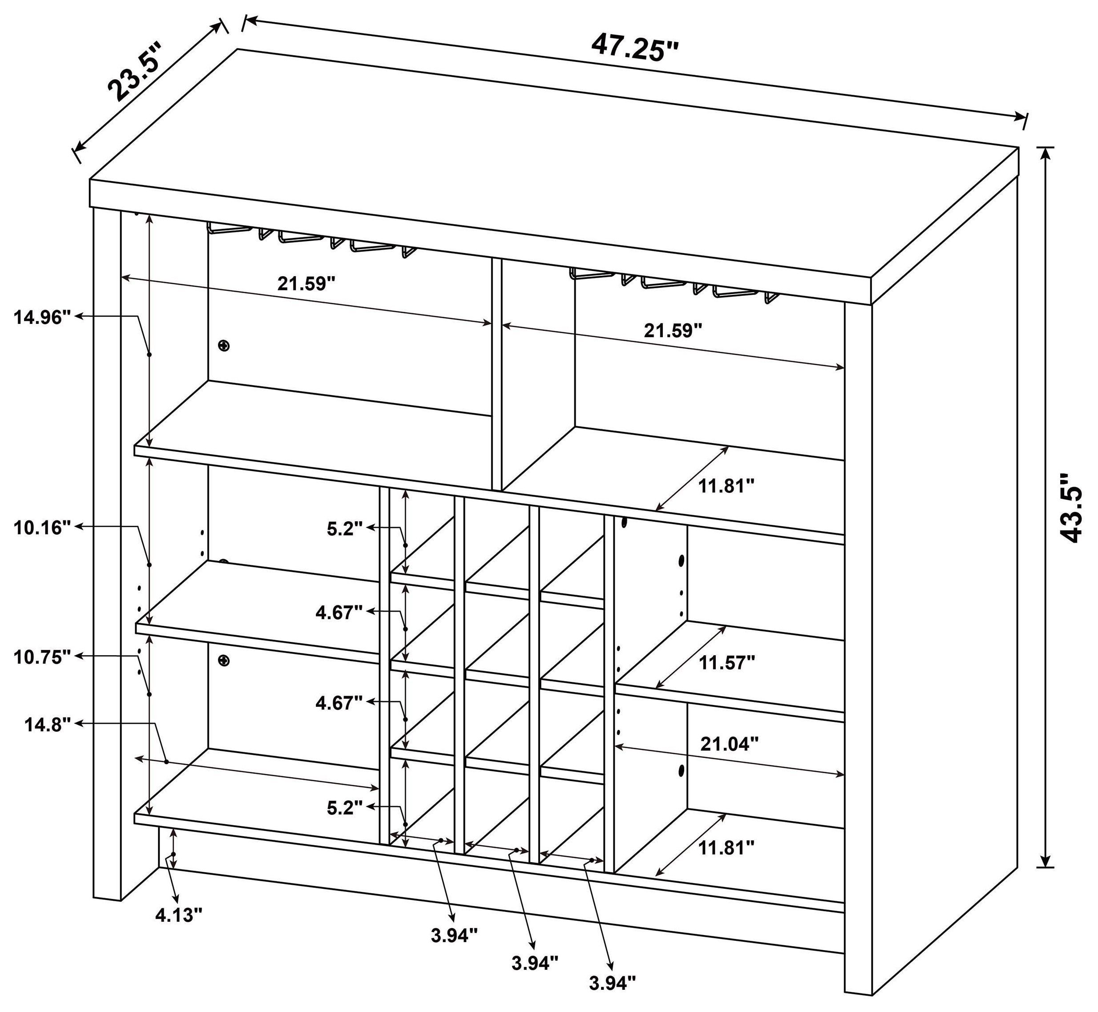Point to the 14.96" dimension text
pyautogui.click(x=43, y=317)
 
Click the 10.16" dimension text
pyautogui.click(x=43, y=528)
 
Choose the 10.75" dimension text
pyautogui.click(x=43, y=657)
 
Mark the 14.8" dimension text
pyautogui.click(x=48, y=725)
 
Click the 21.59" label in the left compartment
pyautogui.click(x=306, y=284)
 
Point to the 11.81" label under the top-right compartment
pyautogui.click(x=727, y=485)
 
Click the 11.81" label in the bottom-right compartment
pyautogui.click(x=726, y=848)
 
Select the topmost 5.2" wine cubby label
pyautogui.click(x=345, y=529)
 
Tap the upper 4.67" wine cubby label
pyautogui.click(x=339, y=612)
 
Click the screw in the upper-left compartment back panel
pyautogui.click(x=223, y=346)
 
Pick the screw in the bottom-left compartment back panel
pyautogui.click(x=223, y=661)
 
